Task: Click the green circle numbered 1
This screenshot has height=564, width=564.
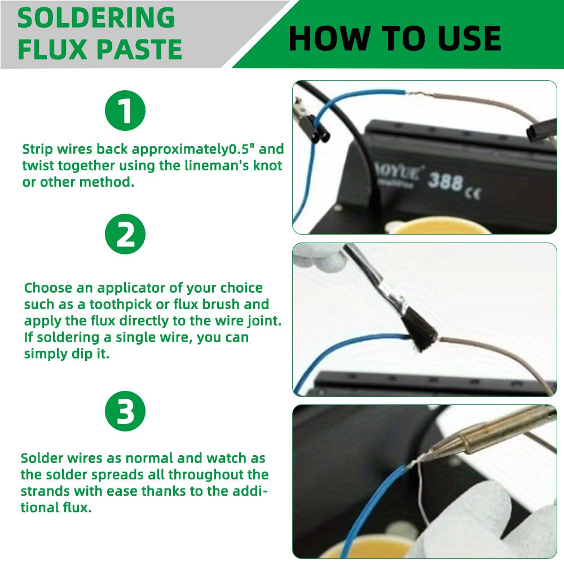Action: point(125,111)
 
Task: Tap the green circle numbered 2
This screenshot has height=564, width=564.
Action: point(125,234)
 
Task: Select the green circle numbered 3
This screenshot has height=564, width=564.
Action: point(125,411)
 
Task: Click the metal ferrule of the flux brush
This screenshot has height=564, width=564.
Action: point(393,294)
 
